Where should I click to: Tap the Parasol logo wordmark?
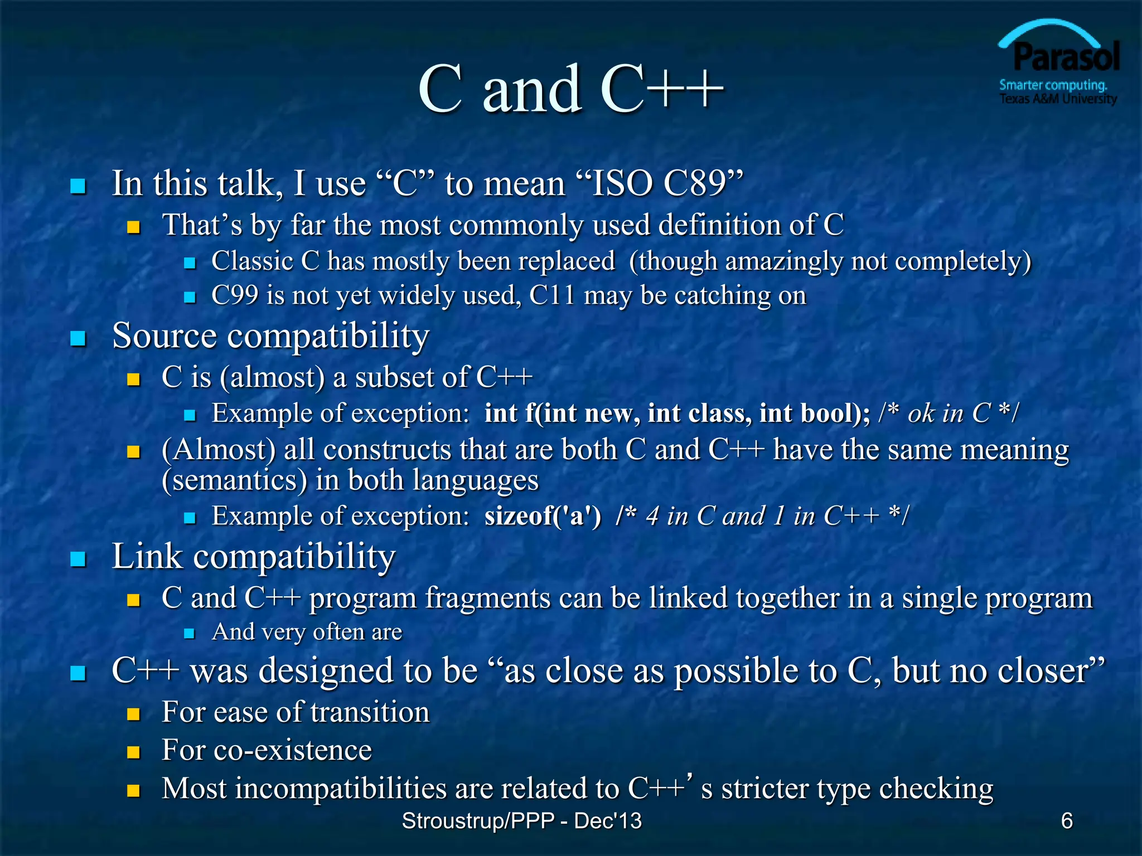pyautogui.click(x=1066, y=57)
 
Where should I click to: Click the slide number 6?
pyautogui.click(x=1067, y=820)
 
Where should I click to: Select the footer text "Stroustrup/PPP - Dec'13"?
pyautogui.click(x=521, y=821)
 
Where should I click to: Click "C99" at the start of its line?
pyautogui.click(x=235, y=295)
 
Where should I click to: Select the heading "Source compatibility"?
pyautogui.click(x=270, y=335)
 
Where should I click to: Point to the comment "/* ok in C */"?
pyautogui.click(x=949, y=414)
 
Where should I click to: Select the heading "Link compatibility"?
pyautogui.click(x=254, y=556)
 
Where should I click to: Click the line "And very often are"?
pyautogui.click(x=307, y=632)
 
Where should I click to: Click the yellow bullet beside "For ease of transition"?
pyautogui.click(x=133, y=714)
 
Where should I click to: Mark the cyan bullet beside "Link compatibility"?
pyautogui.click(x=78, y=559)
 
